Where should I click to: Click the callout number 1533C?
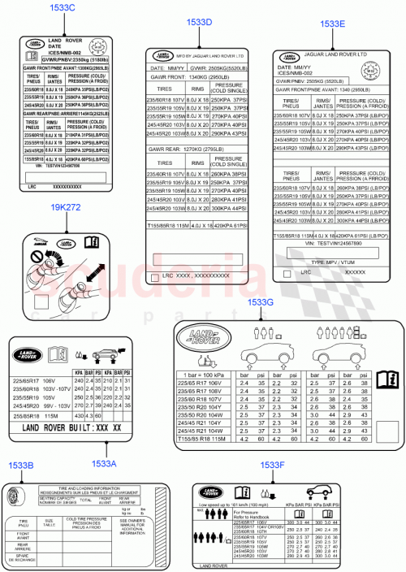click(x=63, y=8)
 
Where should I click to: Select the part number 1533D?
click(x=198, y=24)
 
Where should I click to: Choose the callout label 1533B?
click(x=20, y=465)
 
